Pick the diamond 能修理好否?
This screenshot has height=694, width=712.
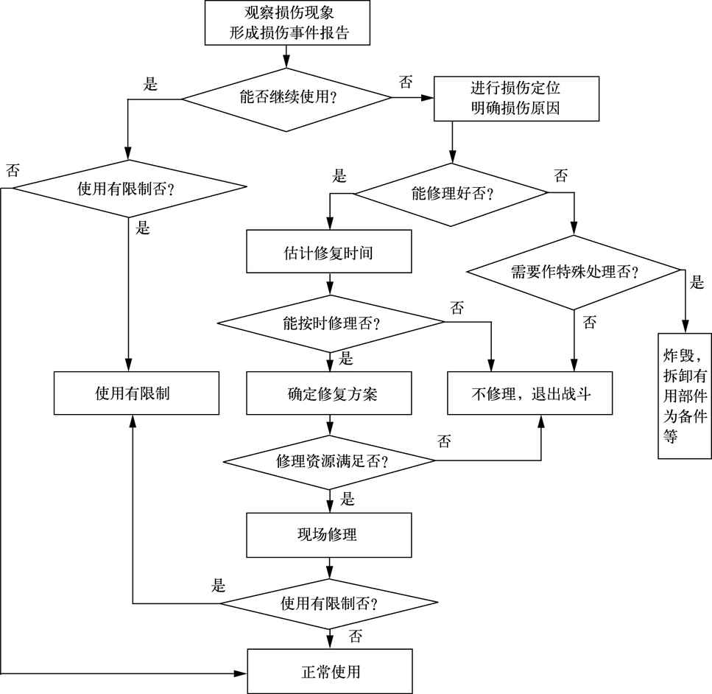[x=451, y=194]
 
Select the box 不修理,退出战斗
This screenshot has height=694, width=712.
[x=530, y=393]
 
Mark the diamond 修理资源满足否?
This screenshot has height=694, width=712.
[x=329, y=461]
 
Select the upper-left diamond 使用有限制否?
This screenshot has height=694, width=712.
[x=130, y=189]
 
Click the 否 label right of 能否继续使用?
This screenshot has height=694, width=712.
[x=406, y=83]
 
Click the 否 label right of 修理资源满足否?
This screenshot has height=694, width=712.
[x=444, y=441]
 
